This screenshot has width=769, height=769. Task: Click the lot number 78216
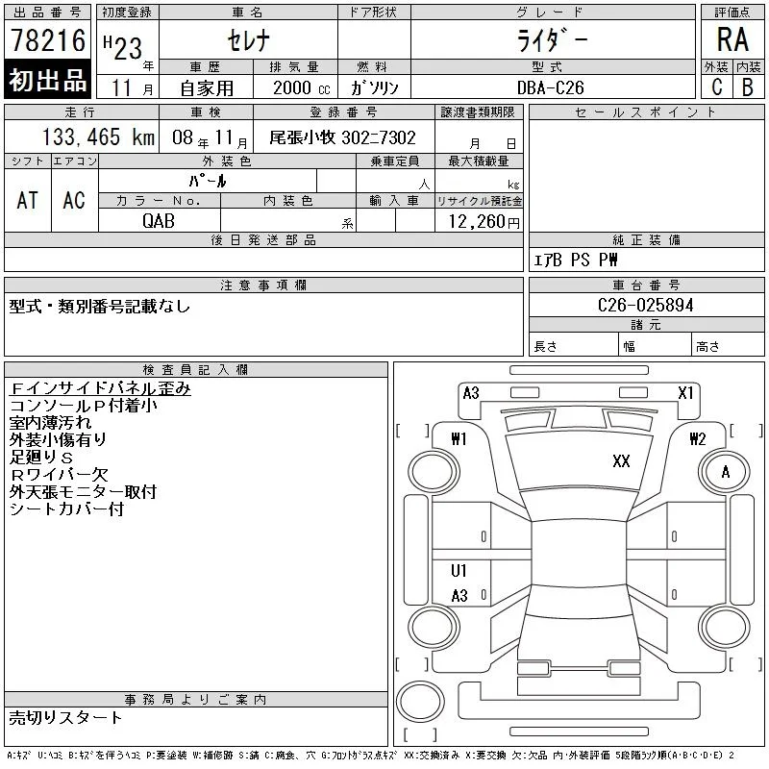48,40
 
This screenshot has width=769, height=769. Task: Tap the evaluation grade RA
732,39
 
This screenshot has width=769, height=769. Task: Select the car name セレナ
249,40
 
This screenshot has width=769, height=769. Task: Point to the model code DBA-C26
550,87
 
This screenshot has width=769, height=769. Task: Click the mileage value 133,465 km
98,137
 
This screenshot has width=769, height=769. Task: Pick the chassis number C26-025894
645,305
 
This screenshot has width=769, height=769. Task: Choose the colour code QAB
159,221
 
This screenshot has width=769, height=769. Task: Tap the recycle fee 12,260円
484,222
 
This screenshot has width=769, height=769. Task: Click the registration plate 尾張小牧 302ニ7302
342,137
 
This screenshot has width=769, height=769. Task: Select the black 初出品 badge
47,80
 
